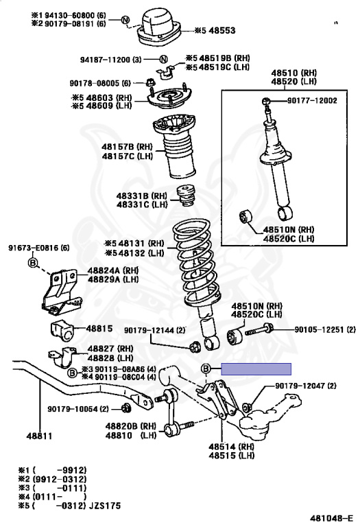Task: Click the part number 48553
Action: pyautogui.click(x=222, y=31)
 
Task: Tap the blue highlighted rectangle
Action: pyautogui.click(x=256, y=368)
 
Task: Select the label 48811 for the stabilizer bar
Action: pyautogui.click(x=40, y=436)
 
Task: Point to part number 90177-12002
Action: pyautogui.click(x=312, y=100)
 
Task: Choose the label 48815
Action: pyautogui.click(x=99, y=329)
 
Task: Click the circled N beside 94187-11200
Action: pyautogui.click(x=163, y=60)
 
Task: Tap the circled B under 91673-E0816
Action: pyautogui.click(x=32, y=263)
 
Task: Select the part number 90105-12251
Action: pyautogui.click(x=320, y=329)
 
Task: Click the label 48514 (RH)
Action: pyautogui.click(x=231, y=447)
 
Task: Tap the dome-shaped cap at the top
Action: pyautogui.click(x=159, y=27)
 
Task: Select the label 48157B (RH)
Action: pyautogui.click(x=127, y=147)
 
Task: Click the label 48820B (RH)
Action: pyautogui.click(x=131, y=426)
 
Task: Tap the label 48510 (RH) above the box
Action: pyautogui.click(x=294, y=73)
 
